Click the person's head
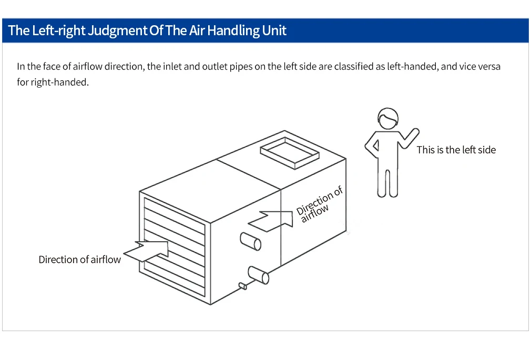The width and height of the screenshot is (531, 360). (x=388, y=119)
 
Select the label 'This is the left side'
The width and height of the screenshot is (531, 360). (x=456, y=150)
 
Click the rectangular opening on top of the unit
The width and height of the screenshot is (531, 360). (x=290, y=153)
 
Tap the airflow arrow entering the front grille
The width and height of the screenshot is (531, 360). (x=146, y=251)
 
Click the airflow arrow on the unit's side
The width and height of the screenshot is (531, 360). (x=271, y=221)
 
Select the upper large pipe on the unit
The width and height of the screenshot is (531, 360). (x=251, y=241)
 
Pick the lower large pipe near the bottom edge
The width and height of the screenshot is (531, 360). (x=258, y=275)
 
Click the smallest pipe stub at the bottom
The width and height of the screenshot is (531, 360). (x=243, y=286)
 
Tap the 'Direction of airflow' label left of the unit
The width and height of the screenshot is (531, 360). (x=79, y=260)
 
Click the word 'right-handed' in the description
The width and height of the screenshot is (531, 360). (x=59, y=83)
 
